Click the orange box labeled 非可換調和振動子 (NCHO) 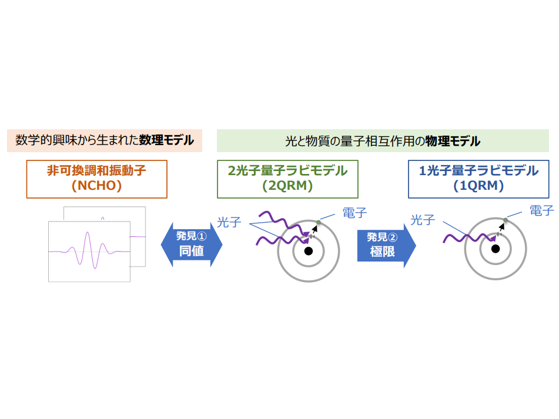click(x=97, y=178)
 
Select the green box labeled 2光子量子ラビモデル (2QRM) click(x=287, y=178)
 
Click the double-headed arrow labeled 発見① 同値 click(x=192, y=244)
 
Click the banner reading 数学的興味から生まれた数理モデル click(x=105, y=141)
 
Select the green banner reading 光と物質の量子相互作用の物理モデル click(x=383, y=141)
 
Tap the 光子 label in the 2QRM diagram click(x=229, y=222)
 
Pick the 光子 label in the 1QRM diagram click(x=423, y=220)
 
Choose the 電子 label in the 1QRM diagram click(x=541, y=210)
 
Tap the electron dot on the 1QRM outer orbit click(x=505, y=220)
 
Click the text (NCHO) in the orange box click(x=97, y=186)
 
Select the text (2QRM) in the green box click(x=287, y=186)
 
